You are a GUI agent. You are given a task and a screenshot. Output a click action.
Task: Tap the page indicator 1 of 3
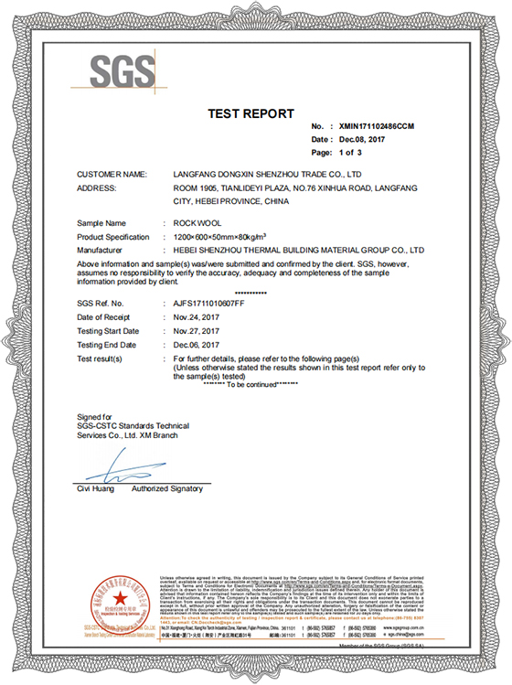pos(350,152)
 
